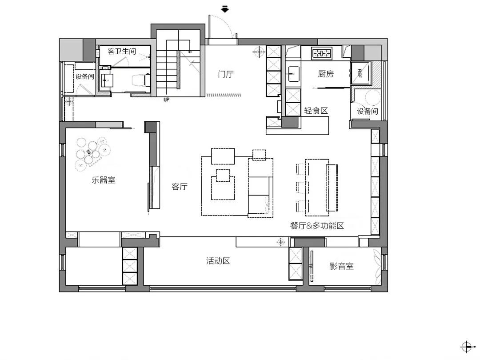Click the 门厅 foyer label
click(226, 74)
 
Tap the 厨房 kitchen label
click(326, 74)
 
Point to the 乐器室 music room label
click(104, 180)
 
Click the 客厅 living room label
click(180, 187)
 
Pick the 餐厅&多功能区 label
click(317, 226)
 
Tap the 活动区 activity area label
click(218, 261)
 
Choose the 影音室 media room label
click(342, 266)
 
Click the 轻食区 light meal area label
click(316, 111)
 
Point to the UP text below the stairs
click(166, 100)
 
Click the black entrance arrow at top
click(225, 9)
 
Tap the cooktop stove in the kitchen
click(322, 54)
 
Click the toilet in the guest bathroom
click(140, 80)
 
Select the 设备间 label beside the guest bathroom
click(84, 76)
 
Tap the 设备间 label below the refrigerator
click(367, 111)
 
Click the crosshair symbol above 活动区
click(281, 242)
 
